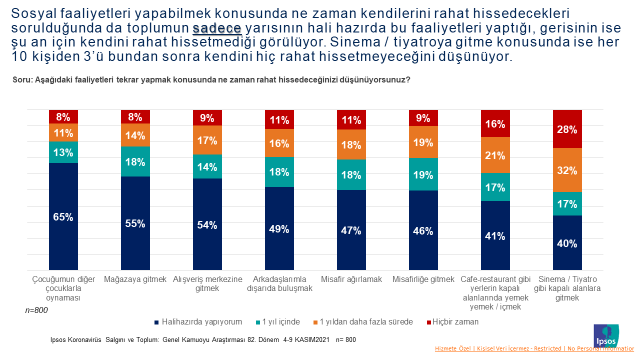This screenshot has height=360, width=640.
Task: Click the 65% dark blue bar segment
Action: (x=63, y=216)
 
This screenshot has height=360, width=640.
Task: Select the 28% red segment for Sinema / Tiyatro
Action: (x=567, y=131)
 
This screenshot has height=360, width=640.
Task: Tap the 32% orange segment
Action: (x=567, y=171)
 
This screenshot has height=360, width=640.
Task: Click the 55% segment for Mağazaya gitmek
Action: (x=135, y=222)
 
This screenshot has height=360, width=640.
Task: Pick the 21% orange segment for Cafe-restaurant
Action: (x=495, y=156)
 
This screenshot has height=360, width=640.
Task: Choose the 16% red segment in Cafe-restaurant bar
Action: (x=495, y=124)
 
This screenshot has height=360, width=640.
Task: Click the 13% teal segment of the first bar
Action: (x=63, y=152)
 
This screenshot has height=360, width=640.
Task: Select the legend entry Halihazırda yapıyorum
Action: (x=194, y=322)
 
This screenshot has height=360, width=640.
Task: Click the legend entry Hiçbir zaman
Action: (x=456, y=322)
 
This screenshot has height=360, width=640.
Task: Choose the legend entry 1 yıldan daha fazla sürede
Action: (x=366, y=322)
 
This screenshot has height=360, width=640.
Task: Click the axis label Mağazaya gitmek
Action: (x=135, y=281)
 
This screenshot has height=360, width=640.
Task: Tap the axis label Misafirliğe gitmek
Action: (x=423, y=281)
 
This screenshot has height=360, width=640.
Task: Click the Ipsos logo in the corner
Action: (x=607, y=332)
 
